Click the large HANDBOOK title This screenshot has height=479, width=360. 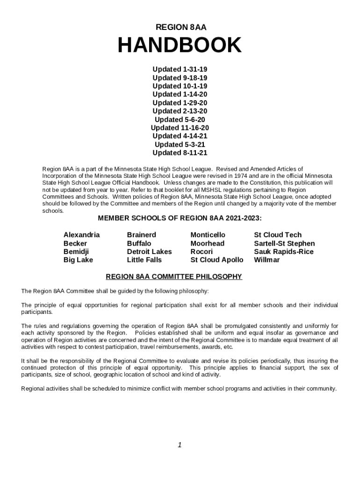coord(180,46)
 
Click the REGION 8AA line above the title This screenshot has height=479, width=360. coord(180,28)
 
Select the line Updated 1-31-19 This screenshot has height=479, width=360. coord(180,69)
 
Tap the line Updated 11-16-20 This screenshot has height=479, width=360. coord(180,128)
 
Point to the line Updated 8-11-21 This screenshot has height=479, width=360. coord(180,153)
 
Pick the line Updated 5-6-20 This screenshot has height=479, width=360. coord(180,119)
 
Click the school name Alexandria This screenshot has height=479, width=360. coord(81,235)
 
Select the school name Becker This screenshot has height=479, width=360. coord(75,243)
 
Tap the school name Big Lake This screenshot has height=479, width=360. coord(78,260)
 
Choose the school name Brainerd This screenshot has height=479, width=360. coord(141,235)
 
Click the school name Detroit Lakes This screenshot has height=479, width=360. coord(149,252)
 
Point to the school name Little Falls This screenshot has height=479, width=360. coord(144,260)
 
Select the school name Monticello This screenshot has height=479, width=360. coord(208,235)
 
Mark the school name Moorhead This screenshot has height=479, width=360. coord(207,243)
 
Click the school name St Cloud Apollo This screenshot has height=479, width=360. coord(217,260)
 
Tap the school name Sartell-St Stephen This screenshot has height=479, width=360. coord(284,243)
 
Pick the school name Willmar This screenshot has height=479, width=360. coord(266,260)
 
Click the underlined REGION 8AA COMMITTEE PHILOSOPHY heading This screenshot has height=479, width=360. coord(174,277)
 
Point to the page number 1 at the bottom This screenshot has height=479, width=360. coord(180,445)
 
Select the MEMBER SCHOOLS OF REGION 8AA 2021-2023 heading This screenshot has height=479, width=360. coord(180,218)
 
